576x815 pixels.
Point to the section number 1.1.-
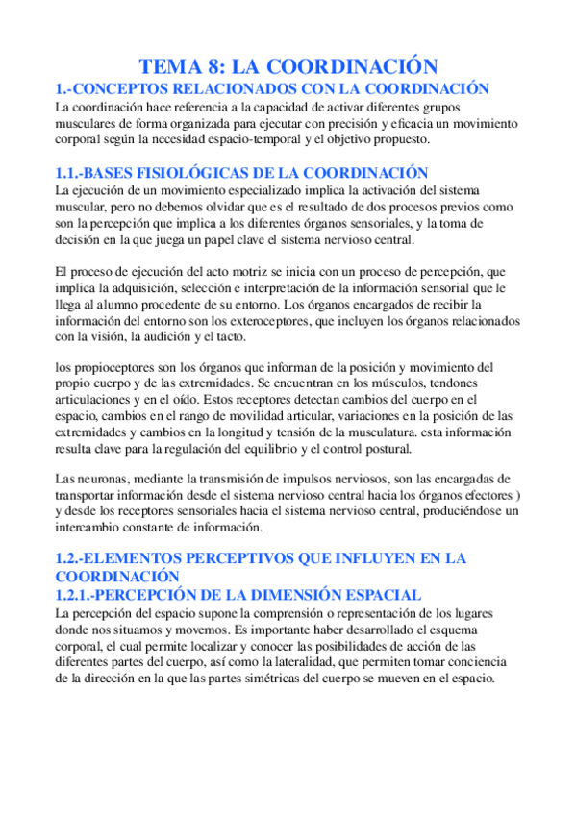70,173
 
